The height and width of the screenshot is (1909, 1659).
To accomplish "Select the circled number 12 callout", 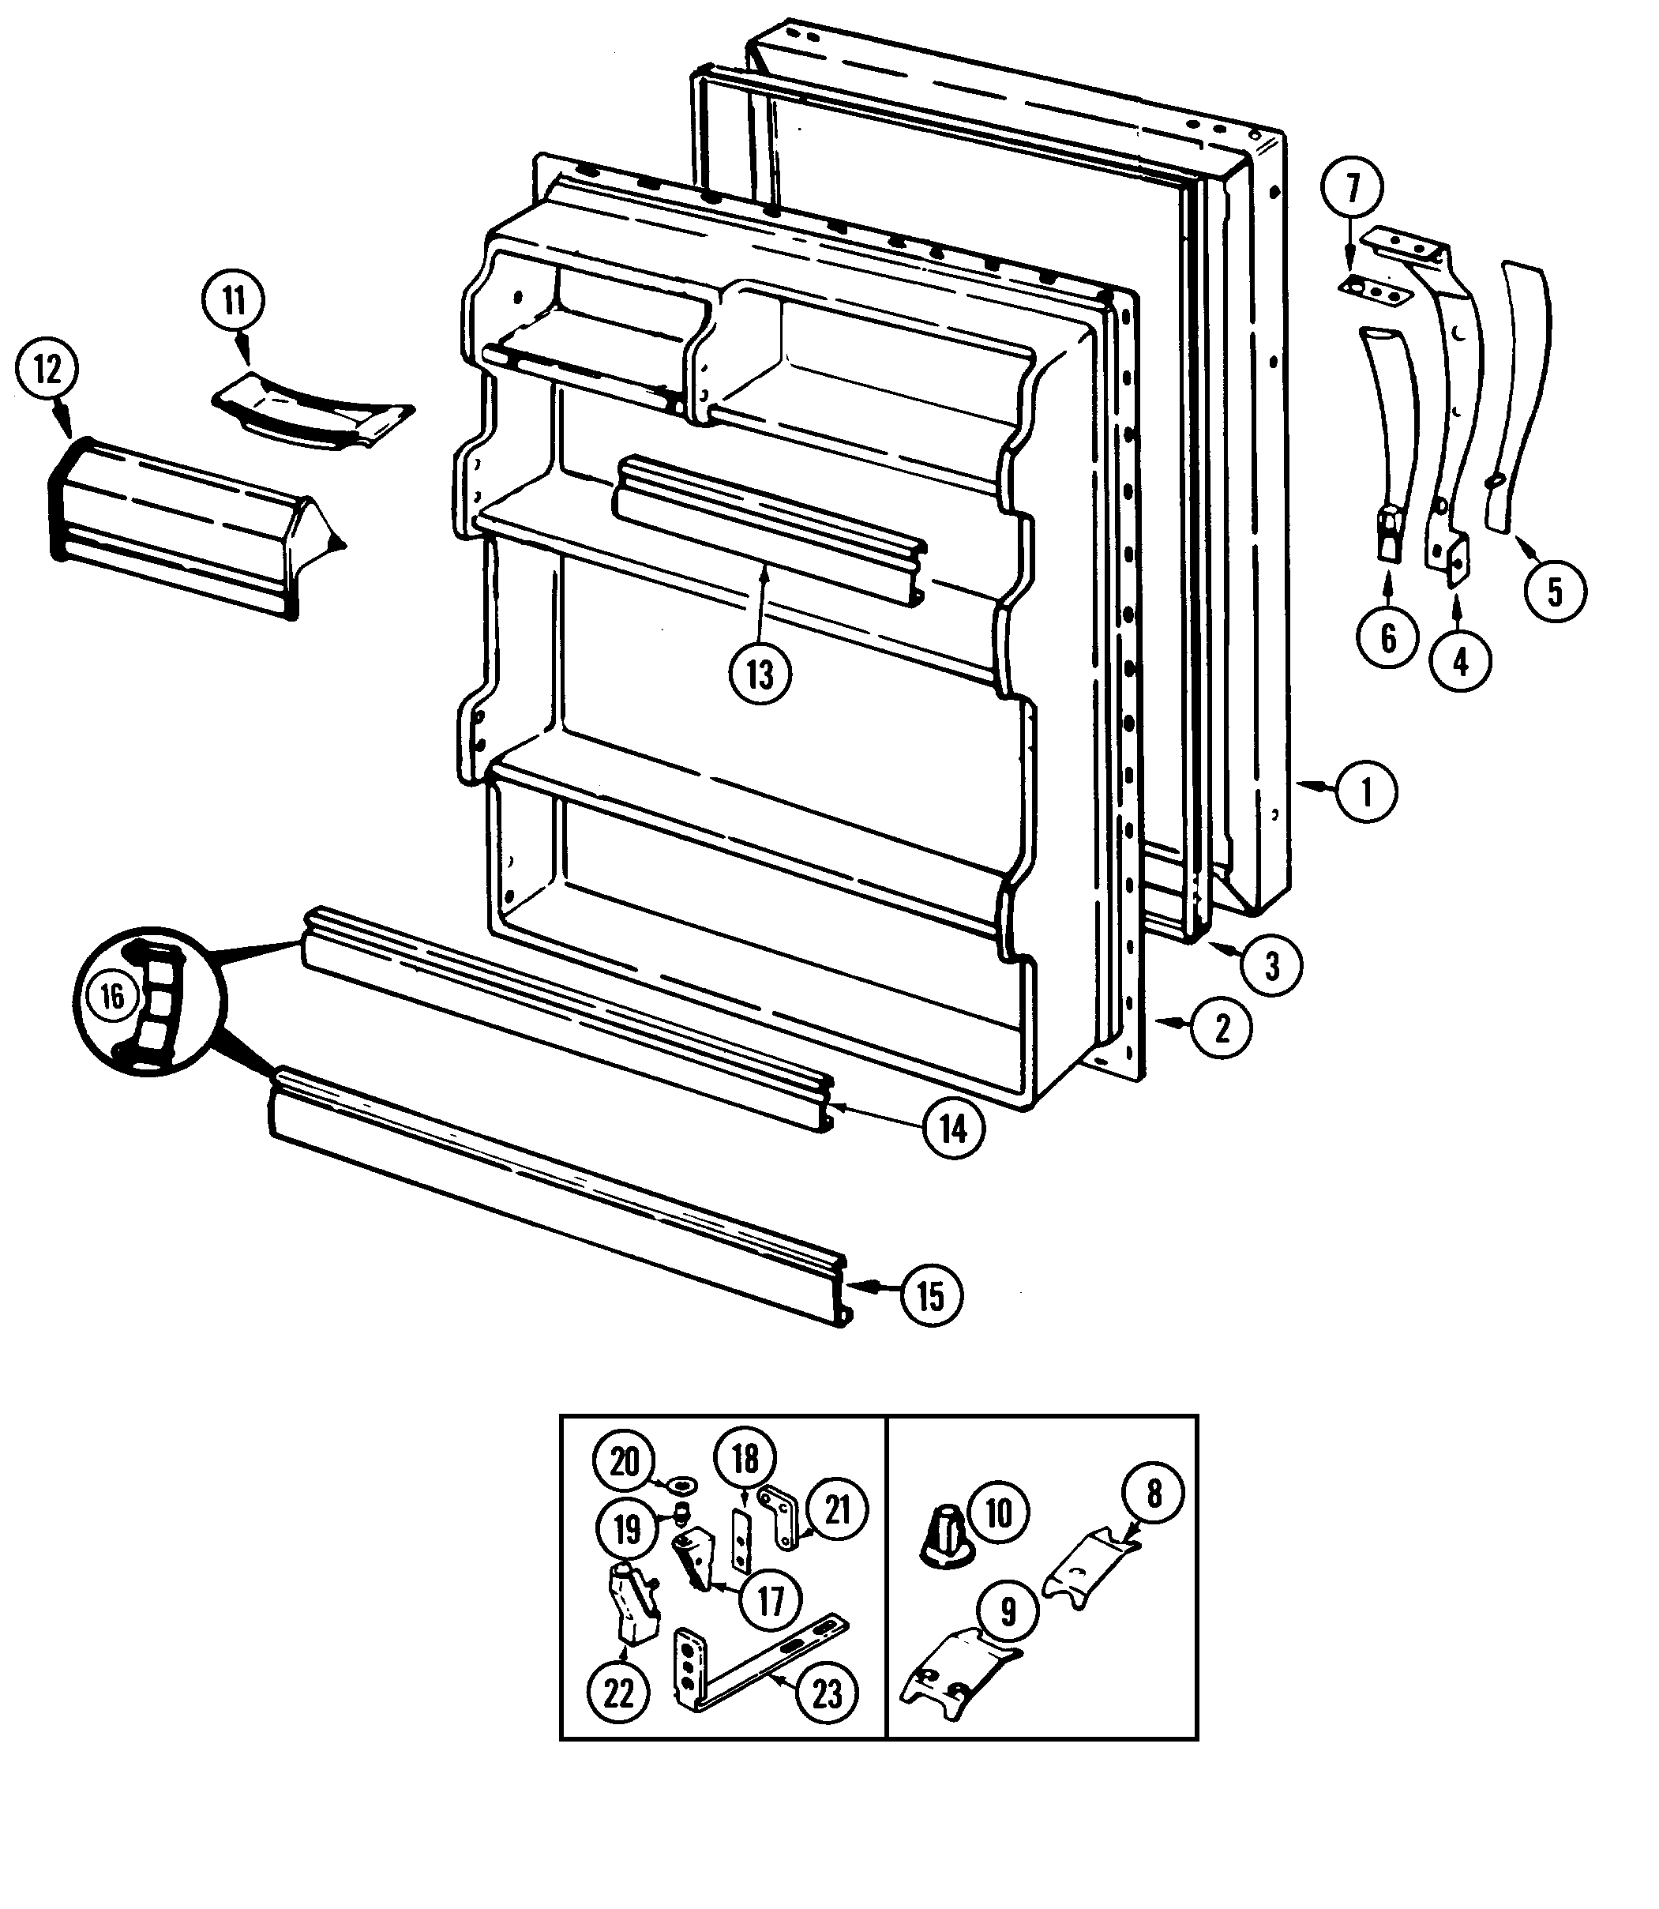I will point(47,371).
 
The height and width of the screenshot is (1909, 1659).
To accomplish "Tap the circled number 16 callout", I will point(112,996).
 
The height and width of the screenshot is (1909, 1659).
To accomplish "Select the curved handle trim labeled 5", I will point(1523,389).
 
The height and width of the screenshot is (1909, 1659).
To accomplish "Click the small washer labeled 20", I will point(682,1485).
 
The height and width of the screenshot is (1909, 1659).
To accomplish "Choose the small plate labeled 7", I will point(1375,291).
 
